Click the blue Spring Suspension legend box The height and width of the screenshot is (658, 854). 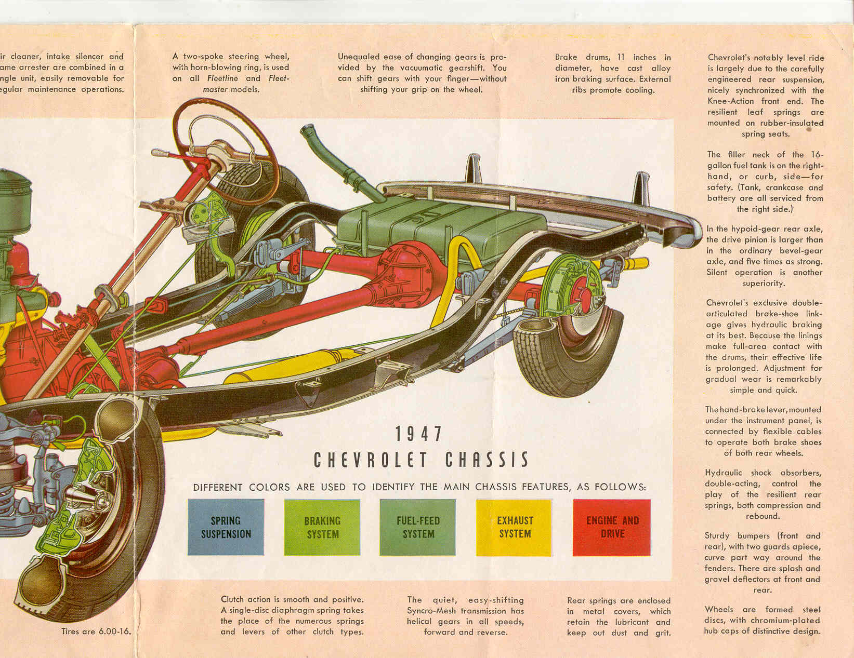[226, 527]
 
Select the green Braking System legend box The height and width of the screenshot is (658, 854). [322, 527]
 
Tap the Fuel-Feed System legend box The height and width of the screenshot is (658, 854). [418, 527]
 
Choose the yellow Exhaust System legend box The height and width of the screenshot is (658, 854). [514, 527]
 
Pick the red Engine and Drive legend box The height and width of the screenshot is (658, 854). [612, 527]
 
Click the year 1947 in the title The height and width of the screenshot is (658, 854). [418, 434]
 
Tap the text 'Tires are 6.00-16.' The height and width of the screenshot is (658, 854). [96, 632]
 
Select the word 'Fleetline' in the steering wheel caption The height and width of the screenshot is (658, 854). [222, 78]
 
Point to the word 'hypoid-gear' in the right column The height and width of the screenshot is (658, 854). [754, 229]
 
